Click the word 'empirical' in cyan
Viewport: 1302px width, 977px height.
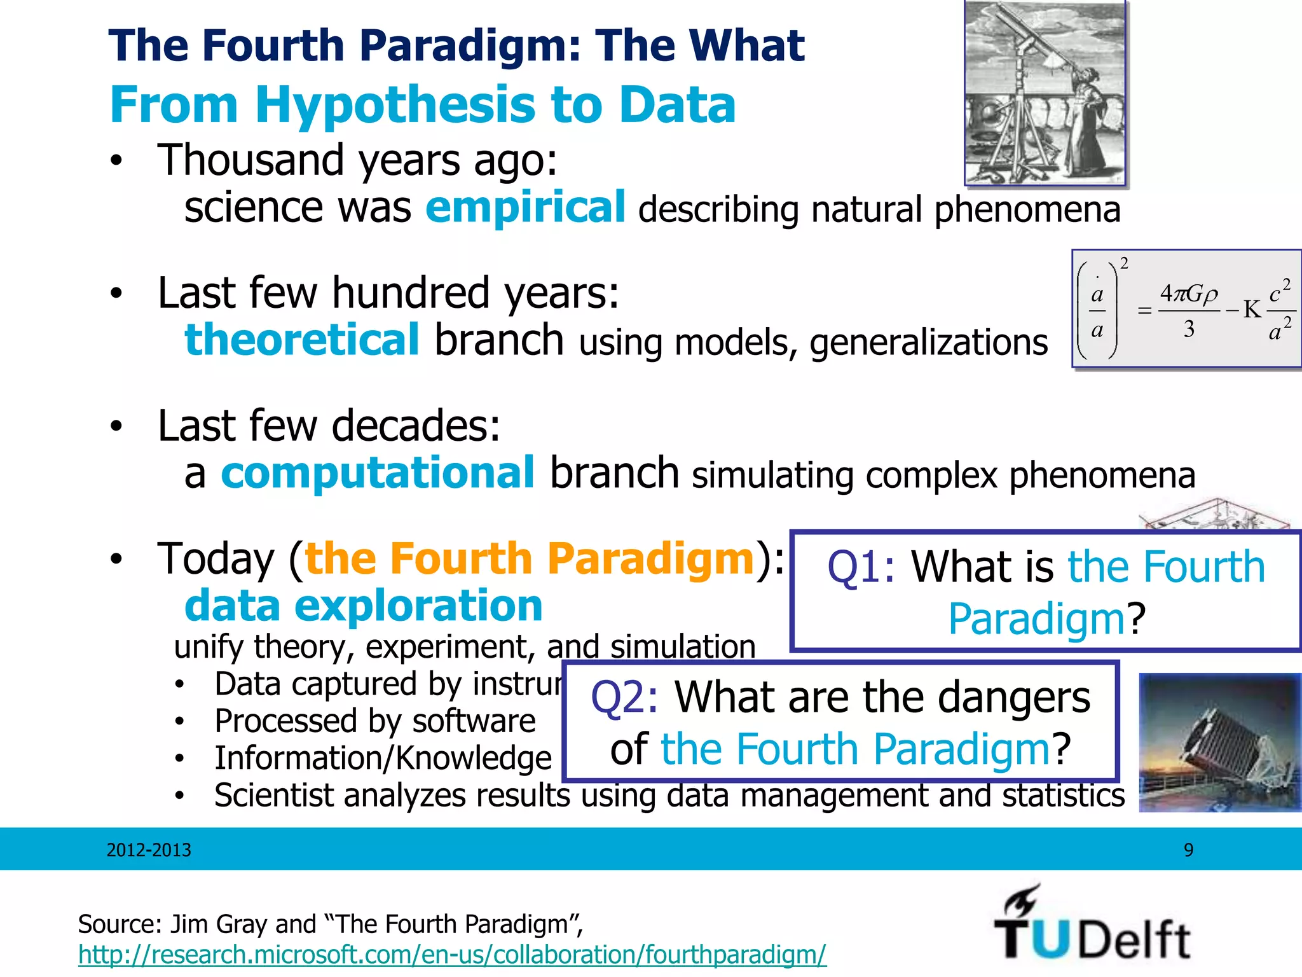tap(525, 207)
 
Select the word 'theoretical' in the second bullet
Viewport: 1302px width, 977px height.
tap(302, 340)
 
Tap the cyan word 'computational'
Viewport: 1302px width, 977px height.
tap(378, 473)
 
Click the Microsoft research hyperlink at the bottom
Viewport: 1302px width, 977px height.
tap(452, 955)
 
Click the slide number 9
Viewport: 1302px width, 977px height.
tap(1188, 850)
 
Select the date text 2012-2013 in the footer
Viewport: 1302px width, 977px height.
tap(149, 850)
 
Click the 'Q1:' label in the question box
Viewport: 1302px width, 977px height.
tap(861, 567)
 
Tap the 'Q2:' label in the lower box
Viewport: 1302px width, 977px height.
tap(624, 698)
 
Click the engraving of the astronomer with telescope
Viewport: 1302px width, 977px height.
tap(1045, 93)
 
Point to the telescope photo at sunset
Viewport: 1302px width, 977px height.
tap(1219, 742)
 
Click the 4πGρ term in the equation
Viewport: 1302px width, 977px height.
tap(1188, 294)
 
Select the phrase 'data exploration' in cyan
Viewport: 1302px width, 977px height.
tap(363, 605)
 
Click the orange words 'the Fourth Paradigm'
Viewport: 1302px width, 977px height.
tap(529, 558)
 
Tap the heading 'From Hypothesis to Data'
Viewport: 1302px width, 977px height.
tap(423, 105)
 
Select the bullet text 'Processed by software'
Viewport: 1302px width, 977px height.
tap(374, 721)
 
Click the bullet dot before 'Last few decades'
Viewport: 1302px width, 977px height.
tap(115, 427)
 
